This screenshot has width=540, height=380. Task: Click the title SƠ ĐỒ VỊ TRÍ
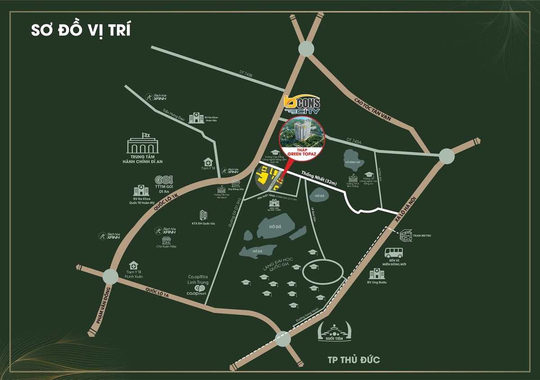point(81,30)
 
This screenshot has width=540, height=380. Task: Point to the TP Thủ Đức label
point(354,359)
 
